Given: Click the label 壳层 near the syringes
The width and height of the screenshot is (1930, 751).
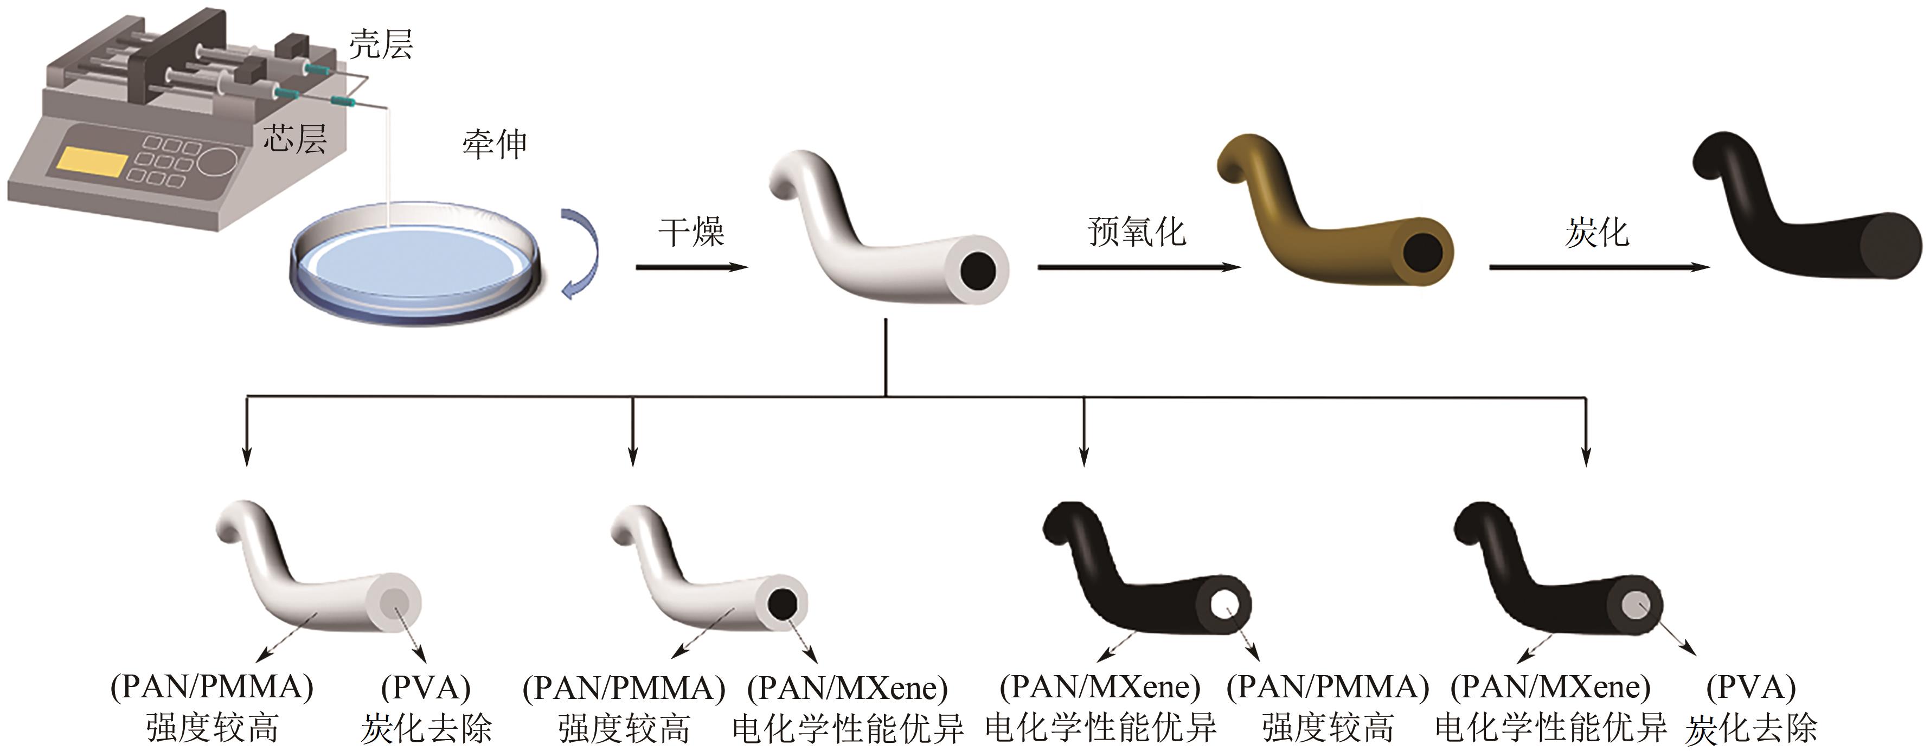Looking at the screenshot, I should pos(381,45).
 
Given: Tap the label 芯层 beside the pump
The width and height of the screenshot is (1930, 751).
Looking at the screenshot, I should pos(294,139).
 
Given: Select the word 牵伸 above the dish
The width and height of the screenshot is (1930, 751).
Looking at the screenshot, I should pos(495,144).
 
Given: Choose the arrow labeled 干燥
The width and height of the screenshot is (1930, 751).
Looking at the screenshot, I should pos(691,267).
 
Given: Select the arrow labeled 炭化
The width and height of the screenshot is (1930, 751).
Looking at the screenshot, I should pos(1598,267).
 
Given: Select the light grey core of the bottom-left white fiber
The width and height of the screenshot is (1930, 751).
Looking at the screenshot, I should pos(395,602).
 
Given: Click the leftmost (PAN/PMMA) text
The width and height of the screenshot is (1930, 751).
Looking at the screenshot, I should pos(212,686).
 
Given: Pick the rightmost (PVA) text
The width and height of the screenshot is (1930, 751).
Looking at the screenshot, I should pos(1750,686).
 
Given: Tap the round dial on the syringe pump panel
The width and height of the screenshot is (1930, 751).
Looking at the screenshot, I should pos(219,161).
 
